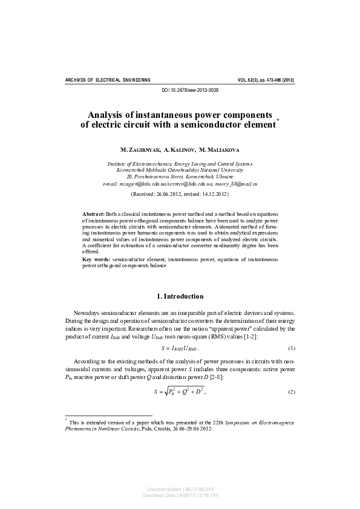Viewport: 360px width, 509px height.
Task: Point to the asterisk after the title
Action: tap(278, 122)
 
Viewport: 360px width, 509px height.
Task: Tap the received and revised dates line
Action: tap(180, 194)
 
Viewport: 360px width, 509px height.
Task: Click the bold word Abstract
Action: tap(93, 214)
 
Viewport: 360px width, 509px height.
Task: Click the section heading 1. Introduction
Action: tap(180, 296)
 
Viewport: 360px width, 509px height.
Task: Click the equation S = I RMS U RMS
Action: tap(180, 349)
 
